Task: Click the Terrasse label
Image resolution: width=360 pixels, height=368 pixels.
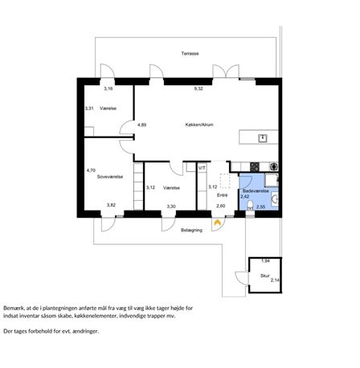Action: point(190,54)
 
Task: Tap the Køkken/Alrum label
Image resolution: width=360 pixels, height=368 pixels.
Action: point(199,125)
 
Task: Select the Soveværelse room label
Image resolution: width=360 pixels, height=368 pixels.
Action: point(110,177)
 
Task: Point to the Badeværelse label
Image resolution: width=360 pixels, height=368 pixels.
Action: point(256,191)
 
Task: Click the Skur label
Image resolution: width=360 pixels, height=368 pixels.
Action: point(265,276)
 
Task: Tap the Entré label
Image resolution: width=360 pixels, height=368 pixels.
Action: point(223,195)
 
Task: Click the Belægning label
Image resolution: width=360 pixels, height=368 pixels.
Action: point(191,230)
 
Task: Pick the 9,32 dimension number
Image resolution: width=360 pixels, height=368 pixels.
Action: point(198,89)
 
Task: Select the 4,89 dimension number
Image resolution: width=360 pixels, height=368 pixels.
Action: point(142,125)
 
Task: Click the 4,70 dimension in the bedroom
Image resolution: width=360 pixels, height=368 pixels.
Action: point(91,170)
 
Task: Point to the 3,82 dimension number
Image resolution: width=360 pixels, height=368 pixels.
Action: point(111,205)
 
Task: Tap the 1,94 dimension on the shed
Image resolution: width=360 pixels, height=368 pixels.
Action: point(265,261)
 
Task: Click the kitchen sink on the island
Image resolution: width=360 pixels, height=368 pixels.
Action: point(263,138)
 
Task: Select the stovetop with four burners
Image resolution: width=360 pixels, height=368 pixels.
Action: point(255,166)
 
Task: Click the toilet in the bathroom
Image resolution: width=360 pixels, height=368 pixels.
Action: point(250,206)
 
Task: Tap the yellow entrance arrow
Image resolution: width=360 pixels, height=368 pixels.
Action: point(217,223)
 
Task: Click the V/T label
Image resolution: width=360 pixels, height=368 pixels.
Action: point(202,168)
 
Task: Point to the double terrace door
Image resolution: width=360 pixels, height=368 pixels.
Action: point(226,71)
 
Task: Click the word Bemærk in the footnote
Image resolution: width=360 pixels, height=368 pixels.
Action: point(12,308)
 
